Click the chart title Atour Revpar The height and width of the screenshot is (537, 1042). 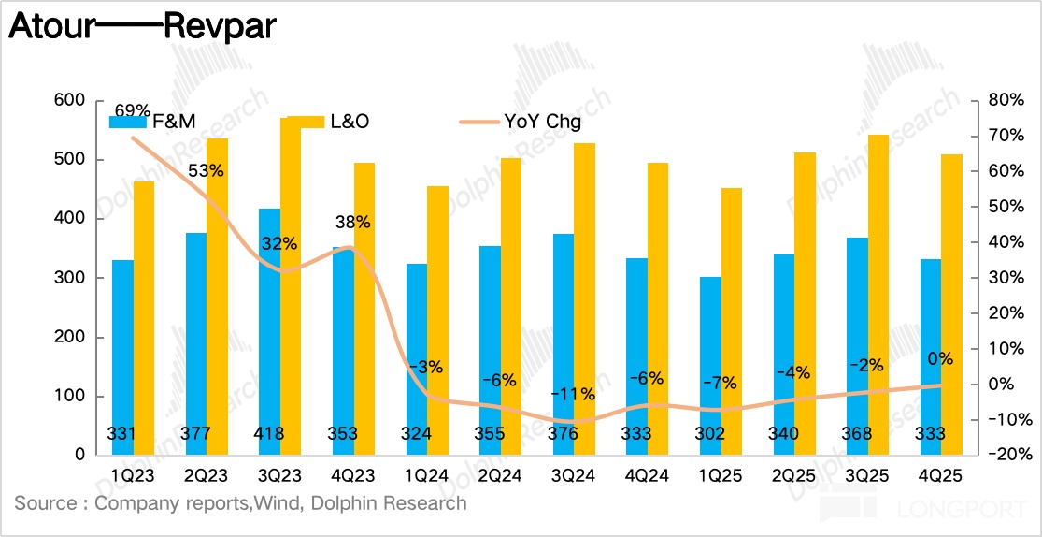pos(142,26)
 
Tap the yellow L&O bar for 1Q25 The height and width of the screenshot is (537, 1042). pos(733,322)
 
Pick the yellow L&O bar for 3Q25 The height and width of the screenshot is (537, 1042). pos(879,295)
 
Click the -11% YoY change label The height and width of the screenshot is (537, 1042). pos(572,394)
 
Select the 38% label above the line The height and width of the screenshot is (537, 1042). pos(352,223)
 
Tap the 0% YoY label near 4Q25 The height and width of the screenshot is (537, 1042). pos(939,358)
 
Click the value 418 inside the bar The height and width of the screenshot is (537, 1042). pos(269,434)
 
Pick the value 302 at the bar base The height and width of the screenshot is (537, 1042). pos(709,434)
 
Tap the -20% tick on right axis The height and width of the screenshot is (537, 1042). pos(1006,455)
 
